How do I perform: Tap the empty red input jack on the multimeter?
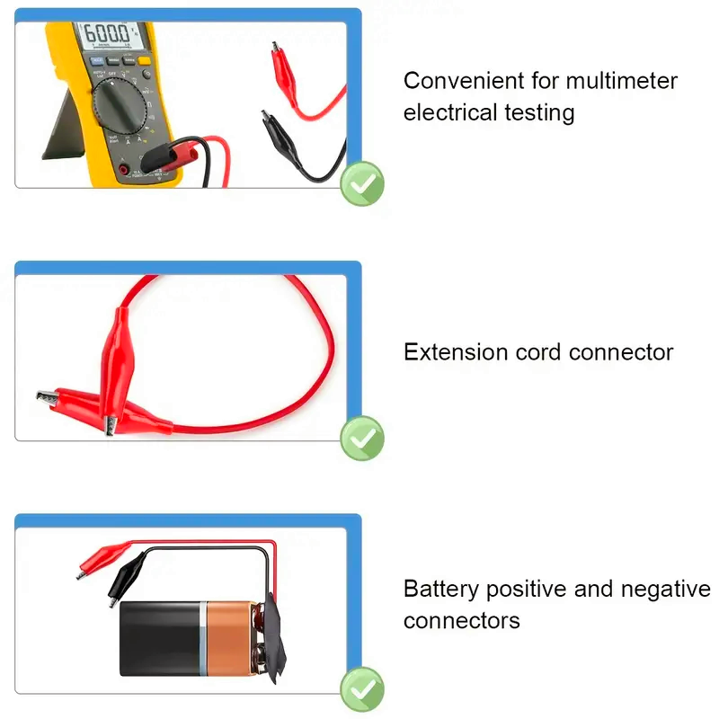point(123,169)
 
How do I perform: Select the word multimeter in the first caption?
point(621,81)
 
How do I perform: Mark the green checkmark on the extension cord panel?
point(362,439)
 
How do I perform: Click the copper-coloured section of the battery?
point(228,638)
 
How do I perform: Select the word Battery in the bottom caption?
point(441,590)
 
